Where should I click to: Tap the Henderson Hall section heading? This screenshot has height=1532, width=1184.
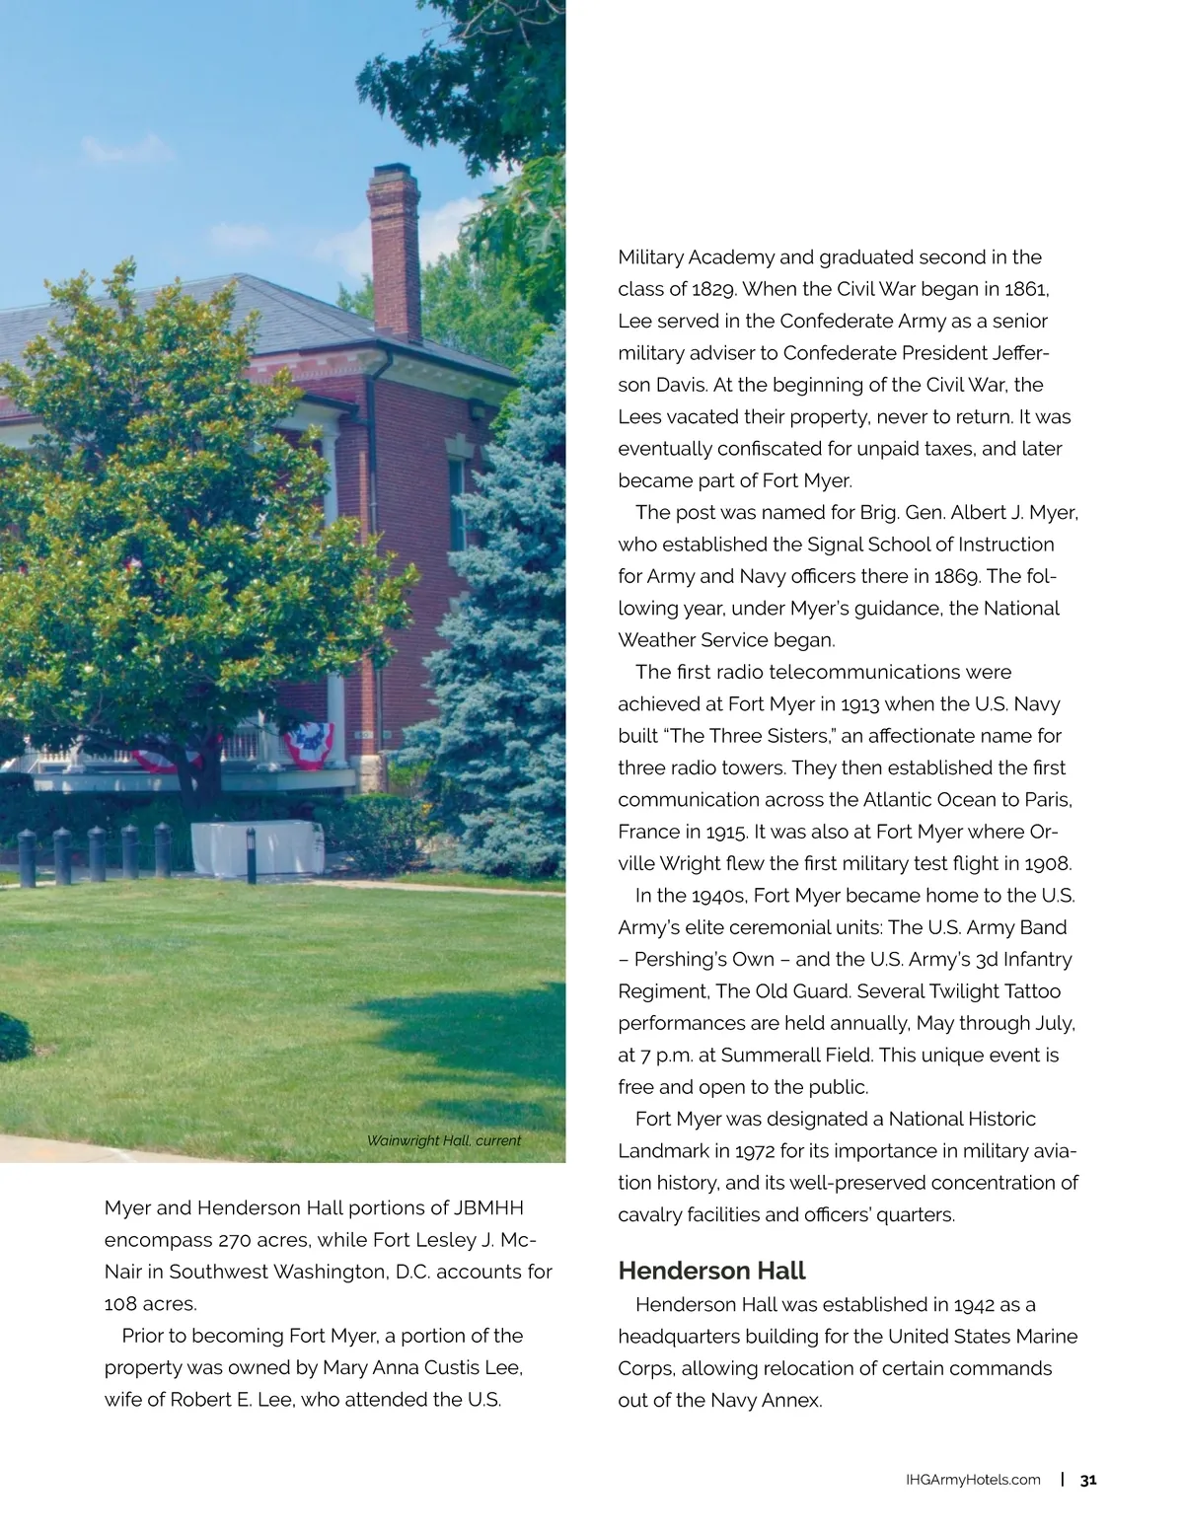point(711,1271)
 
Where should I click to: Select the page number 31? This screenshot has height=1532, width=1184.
point(1088,1480)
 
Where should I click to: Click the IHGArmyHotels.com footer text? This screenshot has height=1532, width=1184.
point(973,1480)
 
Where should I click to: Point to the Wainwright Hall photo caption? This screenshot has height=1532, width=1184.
point(443,1141)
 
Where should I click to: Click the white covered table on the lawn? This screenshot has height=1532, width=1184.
point(259,847)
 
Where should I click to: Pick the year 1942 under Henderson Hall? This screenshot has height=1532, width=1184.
point(974,1305)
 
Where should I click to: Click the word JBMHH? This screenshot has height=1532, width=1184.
point(488,1208)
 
